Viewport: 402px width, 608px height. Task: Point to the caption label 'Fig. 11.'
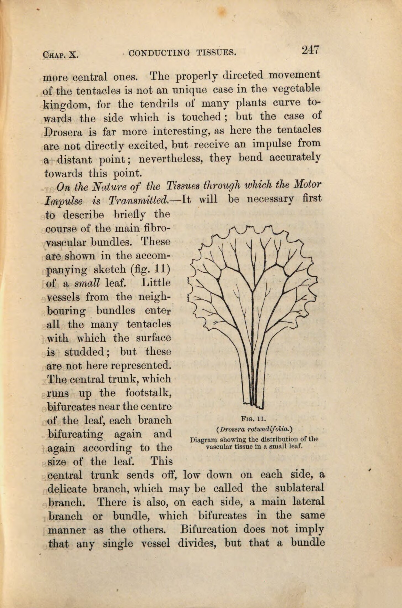click(x=253, y=419)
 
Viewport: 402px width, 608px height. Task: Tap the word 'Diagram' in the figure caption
click(x=203, y=439)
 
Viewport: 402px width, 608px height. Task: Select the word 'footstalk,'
click(x=148, y=393)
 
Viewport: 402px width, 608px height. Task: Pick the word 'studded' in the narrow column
click(x=87, y=352)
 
